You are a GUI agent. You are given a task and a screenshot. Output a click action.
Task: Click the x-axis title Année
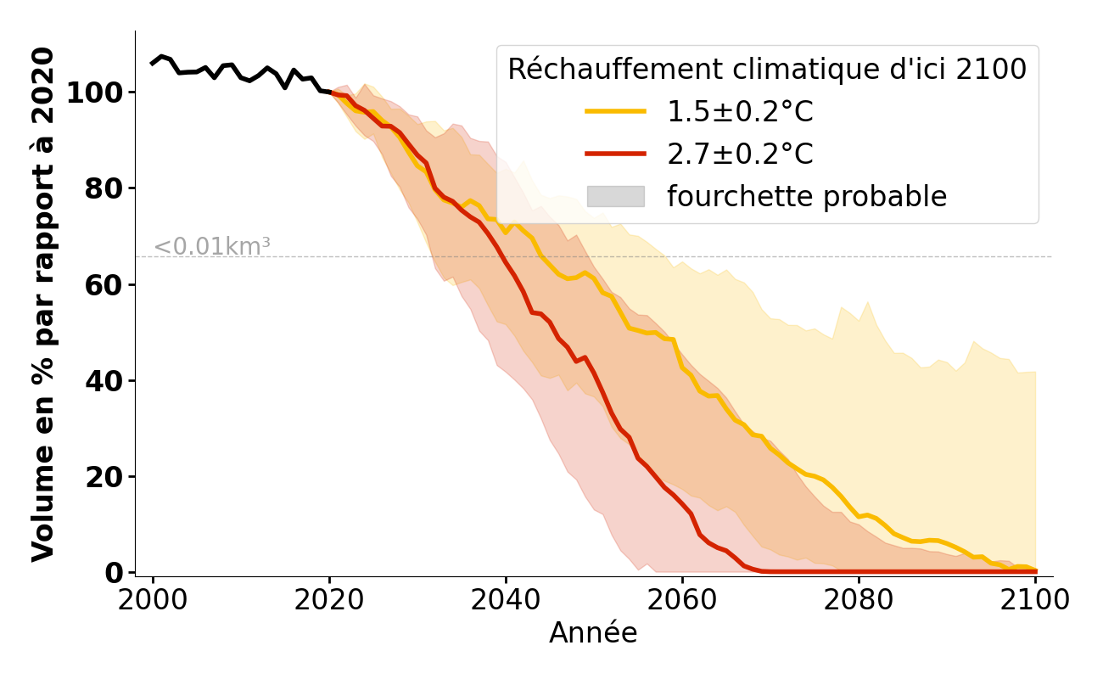click(593, 633)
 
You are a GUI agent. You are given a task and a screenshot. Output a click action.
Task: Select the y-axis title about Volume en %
click(43, 304)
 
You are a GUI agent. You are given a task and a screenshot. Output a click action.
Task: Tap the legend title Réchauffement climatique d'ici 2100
click(767, 70)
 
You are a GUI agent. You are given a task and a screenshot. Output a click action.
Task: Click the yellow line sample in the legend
click(615, 112)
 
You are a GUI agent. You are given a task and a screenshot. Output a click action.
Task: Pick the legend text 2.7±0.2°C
click(740, 154)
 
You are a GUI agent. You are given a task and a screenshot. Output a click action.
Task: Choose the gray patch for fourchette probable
click(615, 196)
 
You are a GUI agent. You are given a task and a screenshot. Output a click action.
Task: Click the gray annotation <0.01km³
click(211, 247)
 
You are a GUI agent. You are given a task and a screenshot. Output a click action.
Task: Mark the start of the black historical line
click(153, 64)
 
